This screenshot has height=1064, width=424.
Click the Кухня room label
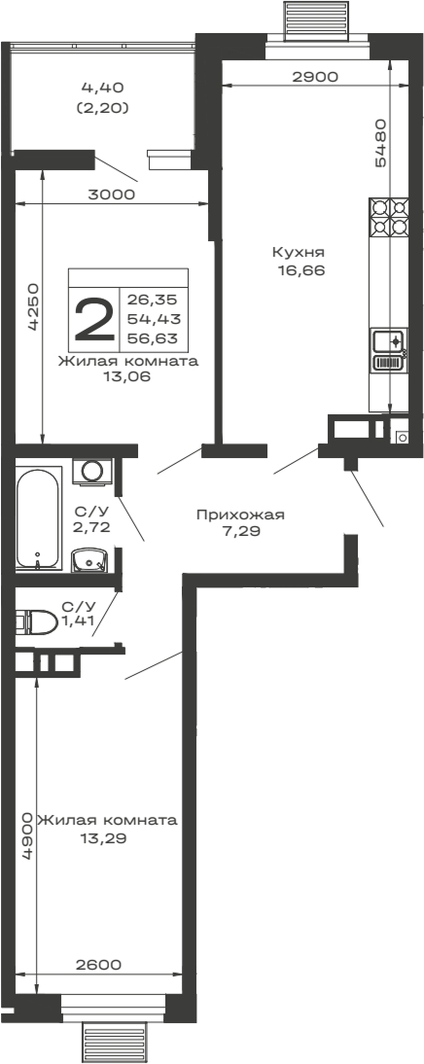(x=297, y=252)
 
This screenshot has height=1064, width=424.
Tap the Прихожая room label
(x=232, y=514)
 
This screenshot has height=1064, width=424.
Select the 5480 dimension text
(x=381, y=143)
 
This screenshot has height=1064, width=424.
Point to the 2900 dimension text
(x=315, y=77)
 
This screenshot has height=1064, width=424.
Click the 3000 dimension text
(x=111, y=194)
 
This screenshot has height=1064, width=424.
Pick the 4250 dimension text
(x=32, y=307)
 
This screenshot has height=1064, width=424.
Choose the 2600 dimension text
(x=97, y=965)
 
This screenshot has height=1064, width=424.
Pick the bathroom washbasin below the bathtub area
(x=92, y=560)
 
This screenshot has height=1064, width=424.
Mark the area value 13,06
(x=127, y=376)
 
